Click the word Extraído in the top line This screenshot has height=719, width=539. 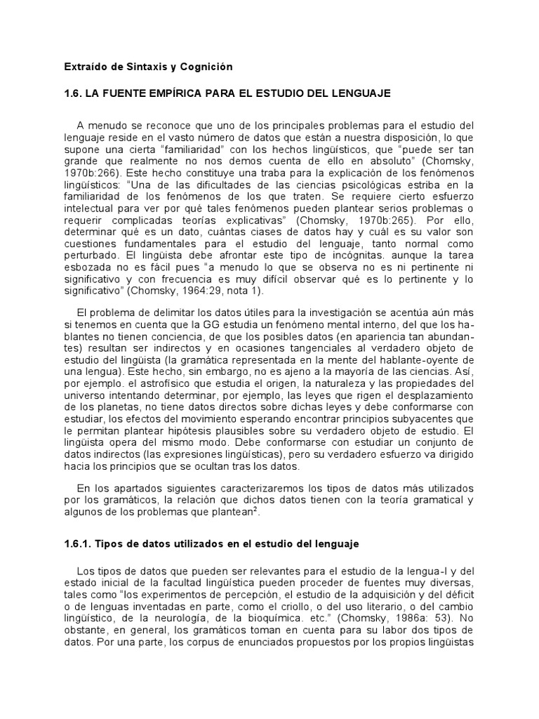click(x=80, y=67)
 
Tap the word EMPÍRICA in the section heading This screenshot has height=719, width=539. click(x=185, y=93)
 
